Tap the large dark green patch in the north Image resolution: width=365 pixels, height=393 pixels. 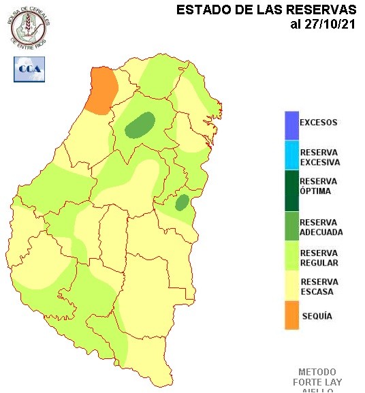(141, 125)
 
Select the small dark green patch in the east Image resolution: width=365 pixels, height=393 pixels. (182, 202)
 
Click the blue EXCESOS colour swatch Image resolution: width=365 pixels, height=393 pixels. (291, 124)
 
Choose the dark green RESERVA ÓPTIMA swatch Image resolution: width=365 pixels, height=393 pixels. (291, 190)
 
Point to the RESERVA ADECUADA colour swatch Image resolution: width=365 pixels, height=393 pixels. (291, 226)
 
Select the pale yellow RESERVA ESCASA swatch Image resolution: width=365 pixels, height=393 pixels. (291, 287)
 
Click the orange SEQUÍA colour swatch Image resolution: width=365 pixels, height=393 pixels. (291, 316)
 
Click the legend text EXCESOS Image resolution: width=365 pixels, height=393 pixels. (318, 123)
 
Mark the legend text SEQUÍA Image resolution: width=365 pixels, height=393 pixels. (316, 317)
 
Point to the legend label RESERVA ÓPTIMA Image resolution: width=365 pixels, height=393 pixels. (319, 186)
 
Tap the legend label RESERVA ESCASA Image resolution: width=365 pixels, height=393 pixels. (319, 287)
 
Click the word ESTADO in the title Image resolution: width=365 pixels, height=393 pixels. (200, 10)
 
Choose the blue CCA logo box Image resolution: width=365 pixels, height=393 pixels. (29, 69)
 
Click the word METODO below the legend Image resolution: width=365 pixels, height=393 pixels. (317, 373)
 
